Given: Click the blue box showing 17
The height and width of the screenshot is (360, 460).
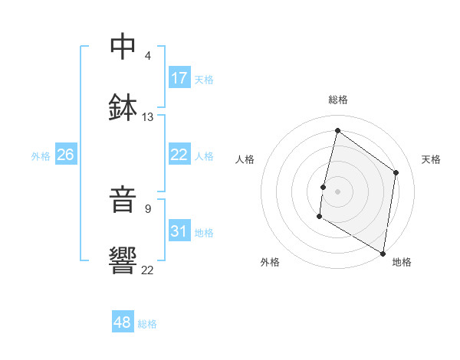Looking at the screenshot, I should pos(179,78).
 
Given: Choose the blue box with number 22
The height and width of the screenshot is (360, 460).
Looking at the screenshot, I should pos(179,155).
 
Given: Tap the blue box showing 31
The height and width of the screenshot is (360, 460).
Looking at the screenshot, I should pos(179,231).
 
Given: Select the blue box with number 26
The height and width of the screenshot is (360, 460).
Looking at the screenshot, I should pos(65,155).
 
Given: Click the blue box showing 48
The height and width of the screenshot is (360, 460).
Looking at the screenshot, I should pos(123,322).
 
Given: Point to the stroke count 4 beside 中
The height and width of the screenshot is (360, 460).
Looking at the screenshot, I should pos(147,55).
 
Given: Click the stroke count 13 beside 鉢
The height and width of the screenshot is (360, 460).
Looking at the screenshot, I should pos(147,117).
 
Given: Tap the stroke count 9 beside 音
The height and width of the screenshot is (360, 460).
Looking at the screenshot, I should pos(147,208).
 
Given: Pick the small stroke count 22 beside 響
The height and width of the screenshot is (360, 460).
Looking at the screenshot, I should pos(147,270).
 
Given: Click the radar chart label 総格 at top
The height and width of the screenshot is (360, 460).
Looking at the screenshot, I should pos(337,100).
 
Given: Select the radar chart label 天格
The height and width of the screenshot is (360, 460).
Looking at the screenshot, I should pos(431,159).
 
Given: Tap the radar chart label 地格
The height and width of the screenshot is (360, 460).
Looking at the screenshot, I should pos(402,262).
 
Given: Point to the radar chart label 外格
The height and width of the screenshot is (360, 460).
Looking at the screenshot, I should pos(270,262).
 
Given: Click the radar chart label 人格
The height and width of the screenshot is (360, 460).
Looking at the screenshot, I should pos(245,159).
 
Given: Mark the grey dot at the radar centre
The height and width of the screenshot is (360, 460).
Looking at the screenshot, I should pos(337,191).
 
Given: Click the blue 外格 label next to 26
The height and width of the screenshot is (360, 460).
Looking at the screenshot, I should pos(41,155).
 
